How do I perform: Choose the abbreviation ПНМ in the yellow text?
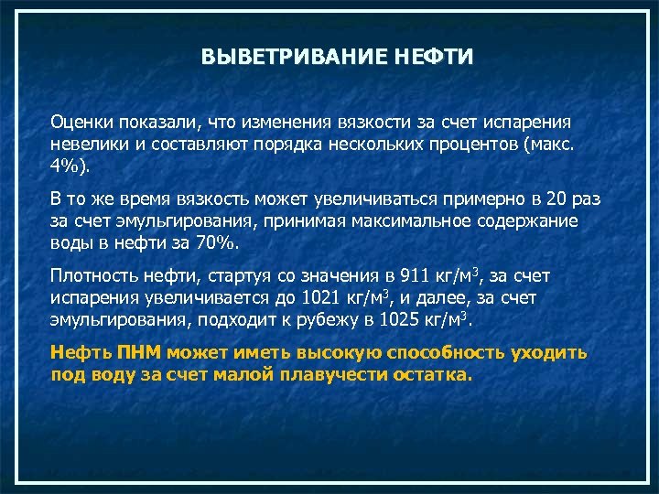(x=138, y=352)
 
